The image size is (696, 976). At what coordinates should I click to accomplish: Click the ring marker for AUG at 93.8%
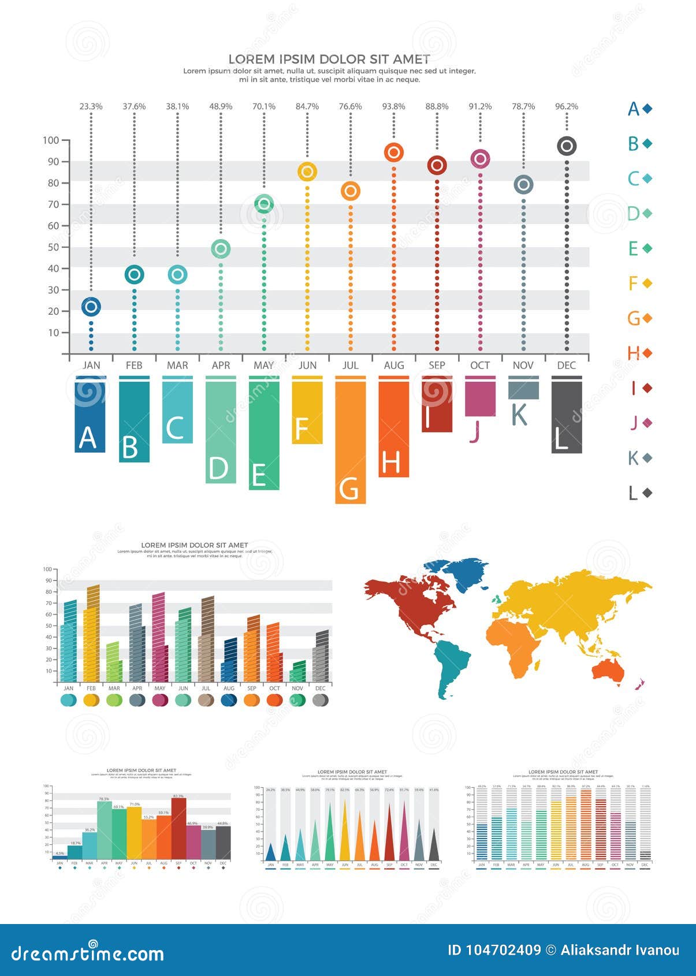point(393,152)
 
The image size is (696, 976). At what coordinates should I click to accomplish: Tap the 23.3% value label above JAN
point(91,106)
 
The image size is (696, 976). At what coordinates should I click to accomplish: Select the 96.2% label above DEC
point(567,106)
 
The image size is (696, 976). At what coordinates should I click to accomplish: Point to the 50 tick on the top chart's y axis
point(53,247)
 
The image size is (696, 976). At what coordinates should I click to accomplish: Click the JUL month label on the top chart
point(350,365)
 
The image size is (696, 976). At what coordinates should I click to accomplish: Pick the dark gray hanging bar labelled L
point(567,416)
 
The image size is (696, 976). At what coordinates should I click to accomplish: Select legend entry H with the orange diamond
point(639,353)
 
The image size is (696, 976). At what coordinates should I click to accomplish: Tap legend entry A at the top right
point(639,109)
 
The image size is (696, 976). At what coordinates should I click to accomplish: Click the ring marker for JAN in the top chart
point(91,307)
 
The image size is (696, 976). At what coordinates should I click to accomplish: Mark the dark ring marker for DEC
point(567,146)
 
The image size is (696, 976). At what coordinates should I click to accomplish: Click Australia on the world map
point(608,670)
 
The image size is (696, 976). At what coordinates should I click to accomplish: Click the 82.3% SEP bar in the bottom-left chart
point(178,828)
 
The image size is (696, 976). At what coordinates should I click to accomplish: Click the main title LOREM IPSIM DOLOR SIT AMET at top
point(329,59)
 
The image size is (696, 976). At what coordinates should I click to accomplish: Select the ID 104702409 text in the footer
point(494,950)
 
